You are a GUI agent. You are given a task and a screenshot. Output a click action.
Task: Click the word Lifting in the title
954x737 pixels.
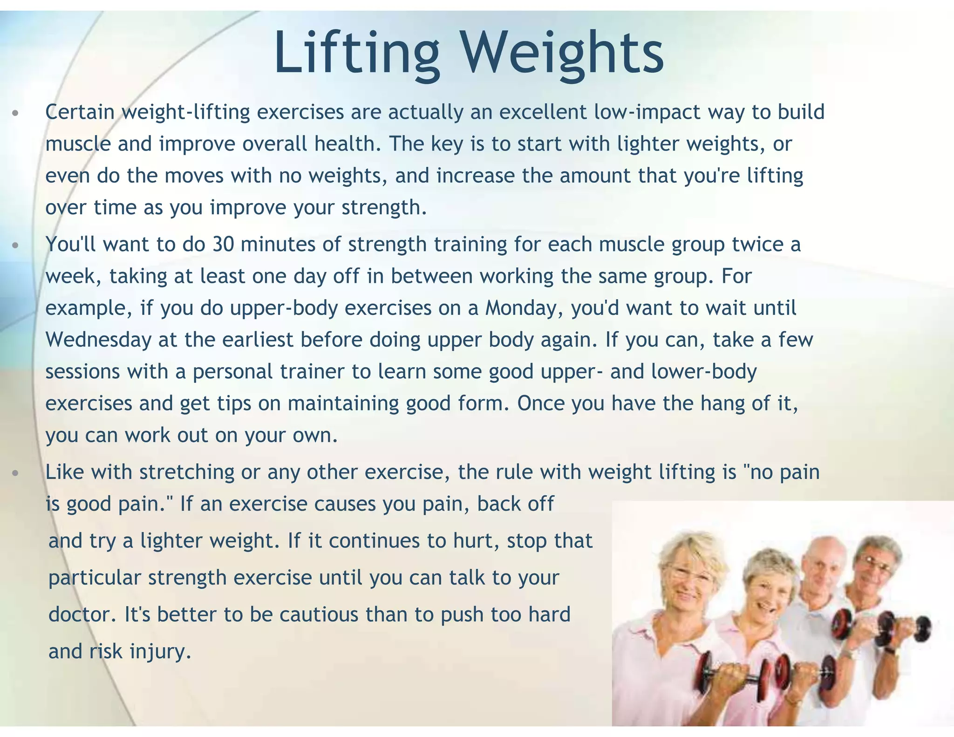pos(356,52)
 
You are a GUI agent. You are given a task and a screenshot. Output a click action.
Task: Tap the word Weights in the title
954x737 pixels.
pos(562,52)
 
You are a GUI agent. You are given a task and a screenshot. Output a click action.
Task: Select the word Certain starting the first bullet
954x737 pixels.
pos(80,112)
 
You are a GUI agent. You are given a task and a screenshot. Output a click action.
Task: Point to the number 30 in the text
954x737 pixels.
pos(223,244)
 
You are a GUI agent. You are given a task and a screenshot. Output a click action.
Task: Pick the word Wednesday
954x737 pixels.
pos(98,340)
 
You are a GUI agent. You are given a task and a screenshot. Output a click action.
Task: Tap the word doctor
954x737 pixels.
pos(82,614)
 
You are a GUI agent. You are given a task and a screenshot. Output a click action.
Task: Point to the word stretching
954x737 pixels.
pos(187,472)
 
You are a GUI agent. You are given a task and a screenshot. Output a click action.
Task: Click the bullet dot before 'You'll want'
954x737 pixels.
pos(15,245)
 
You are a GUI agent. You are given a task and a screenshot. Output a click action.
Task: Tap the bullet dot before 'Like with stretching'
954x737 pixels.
pos(15,473)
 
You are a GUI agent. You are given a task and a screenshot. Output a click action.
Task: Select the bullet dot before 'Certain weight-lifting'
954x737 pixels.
pos(15,113)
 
